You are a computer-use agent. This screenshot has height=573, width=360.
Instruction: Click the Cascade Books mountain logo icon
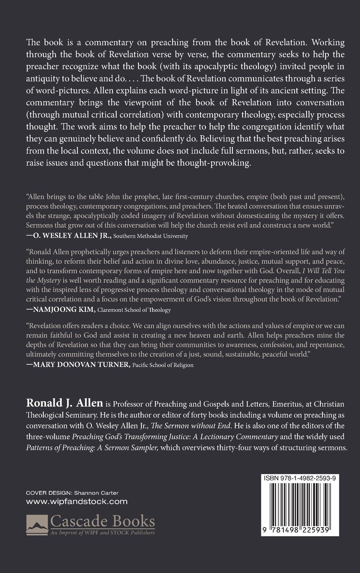(37, 524)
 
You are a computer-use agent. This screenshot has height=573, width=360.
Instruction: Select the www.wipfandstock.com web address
(77, 501)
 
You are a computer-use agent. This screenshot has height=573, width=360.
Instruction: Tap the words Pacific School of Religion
(163, 365)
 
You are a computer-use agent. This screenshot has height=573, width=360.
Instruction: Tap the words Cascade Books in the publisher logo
(102, 521)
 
